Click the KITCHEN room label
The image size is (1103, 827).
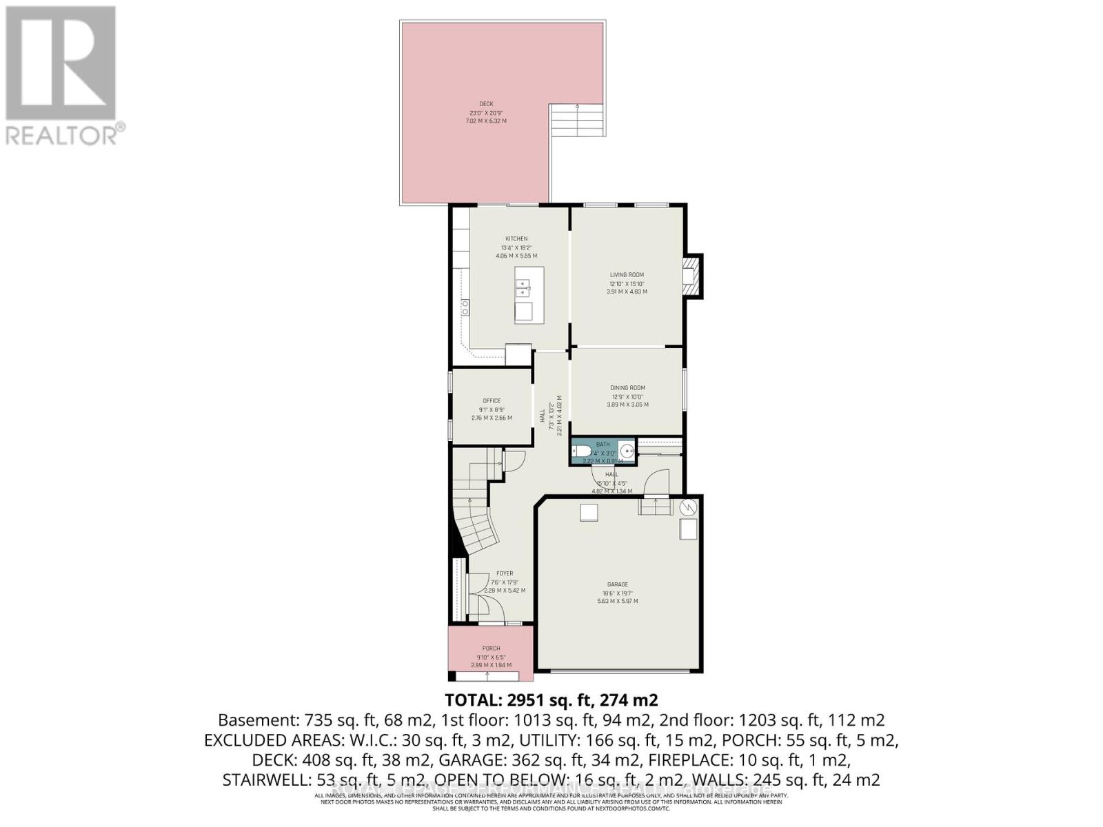516,239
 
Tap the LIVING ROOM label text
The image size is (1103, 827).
627,275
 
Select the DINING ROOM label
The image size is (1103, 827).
627,388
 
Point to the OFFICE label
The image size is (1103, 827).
492,401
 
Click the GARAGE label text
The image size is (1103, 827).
617,584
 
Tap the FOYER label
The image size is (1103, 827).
505,573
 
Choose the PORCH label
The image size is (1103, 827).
491,649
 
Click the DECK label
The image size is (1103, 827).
487,104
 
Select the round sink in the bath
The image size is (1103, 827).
627,451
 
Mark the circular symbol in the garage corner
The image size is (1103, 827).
688,508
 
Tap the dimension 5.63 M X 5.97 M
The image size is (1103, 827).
617,601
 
